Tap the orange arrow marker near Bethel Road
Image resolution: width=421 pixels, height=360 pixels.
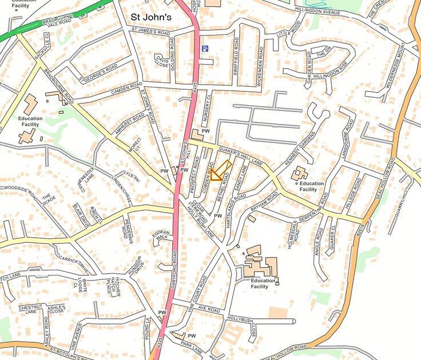(220, 172)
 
